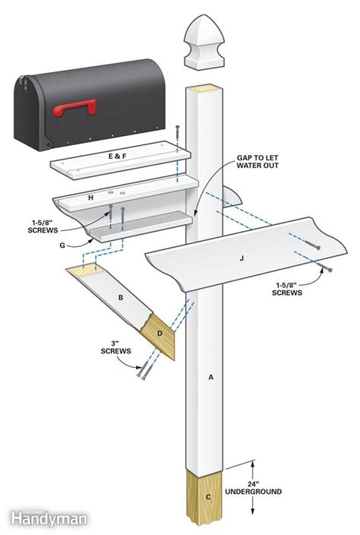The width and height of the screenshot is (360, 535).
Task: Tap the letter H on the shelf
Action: [90, 198]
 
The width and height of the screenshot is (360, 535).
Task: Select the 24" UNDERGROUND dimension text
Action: [261, 486]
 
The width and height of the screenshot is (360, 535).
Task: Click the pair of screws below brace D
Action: [144, 372]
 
